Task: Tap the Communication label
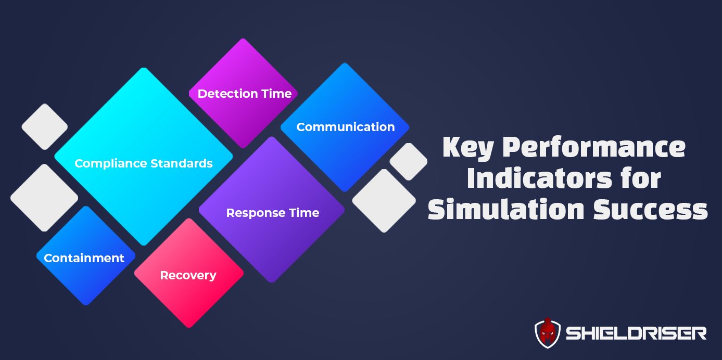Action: click(345, 127)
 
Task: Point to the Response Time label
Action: click(272, 213)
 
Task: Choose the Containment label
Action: click(84, 258)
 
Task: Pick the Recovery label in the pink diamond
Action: click(188, 275)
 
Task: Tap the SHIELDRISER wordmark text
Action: click(636, 333)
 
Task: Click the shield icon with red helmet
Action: click(547, 333)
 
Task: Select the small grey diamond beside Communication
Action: click(408, 162)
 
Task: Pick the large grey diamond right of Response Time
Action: click(384, 201)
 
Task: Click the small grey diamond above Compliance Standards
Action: click(45, 127)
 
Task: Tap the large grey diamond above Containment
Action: click(44, 198)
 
